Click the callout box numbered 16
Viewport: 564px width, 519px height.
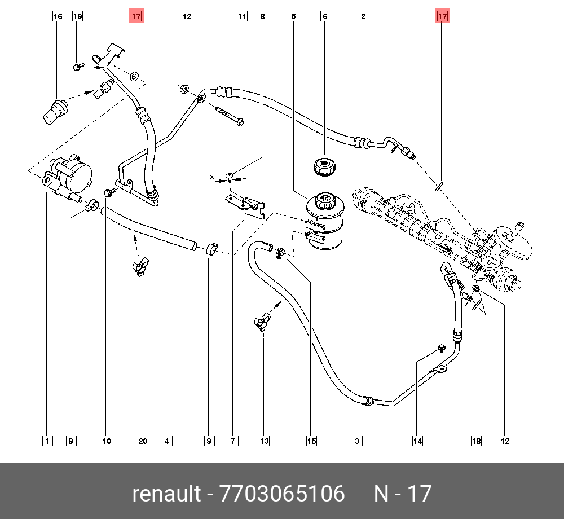click(x=58, y=16)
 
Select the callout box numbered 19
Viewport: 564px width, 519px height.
click(x=77, y=16)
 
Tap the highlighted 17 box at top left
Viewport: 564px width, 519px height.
click(x=136, y=16)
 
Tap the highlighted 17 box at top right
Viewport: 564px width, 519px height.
click(x=442, y=16)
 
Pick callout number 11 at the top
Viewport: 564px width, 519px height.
click(x=242, y=16)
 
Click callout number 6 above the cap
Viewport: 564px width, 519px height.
click(x=325, y=16)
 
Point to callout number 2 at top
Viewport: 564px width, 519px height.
click(x=364, y=16)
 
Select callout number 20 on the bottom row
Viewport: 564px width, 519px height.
click(x=143, y=441)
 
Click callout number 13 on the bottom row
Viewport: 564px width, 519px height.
click(x=265, y=441)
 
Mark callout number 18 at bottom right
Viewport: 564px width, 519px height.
click(x=477, y=441)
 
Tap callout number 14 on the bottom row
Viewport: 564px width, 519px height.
click(x=417, y=441)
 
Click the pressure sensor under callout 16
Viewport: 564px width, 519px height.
click(x=55, y=110)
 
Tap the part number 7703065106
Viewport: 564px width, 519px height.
click(x=282, y=494)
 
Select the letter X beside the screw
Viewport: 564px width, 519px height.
click(x=212, y=177)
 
